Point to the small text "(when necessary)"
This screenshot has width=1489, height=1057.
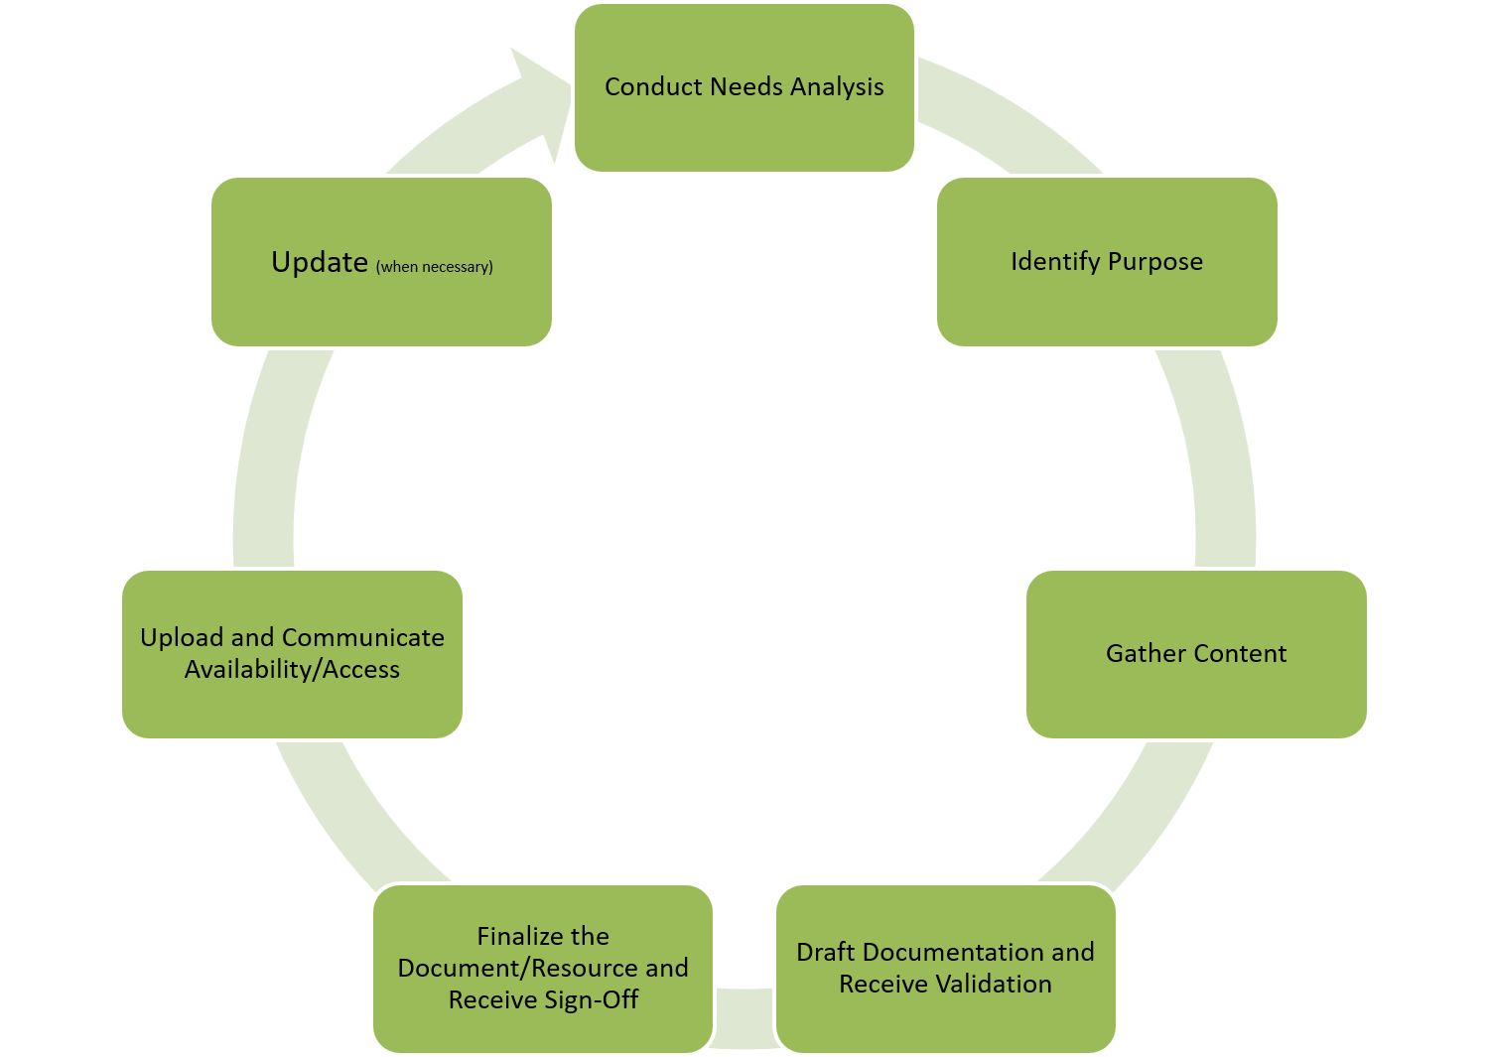coord(435,267)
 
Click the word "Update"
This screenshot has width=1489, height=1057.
coord(320,262)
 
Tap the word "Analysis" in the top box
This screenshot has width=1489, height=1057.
coord(837,87)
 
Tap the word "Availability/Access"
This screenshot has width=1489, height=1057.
coord(292,670)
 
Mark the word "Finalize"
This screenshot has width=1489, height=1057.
coord(516,937)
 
